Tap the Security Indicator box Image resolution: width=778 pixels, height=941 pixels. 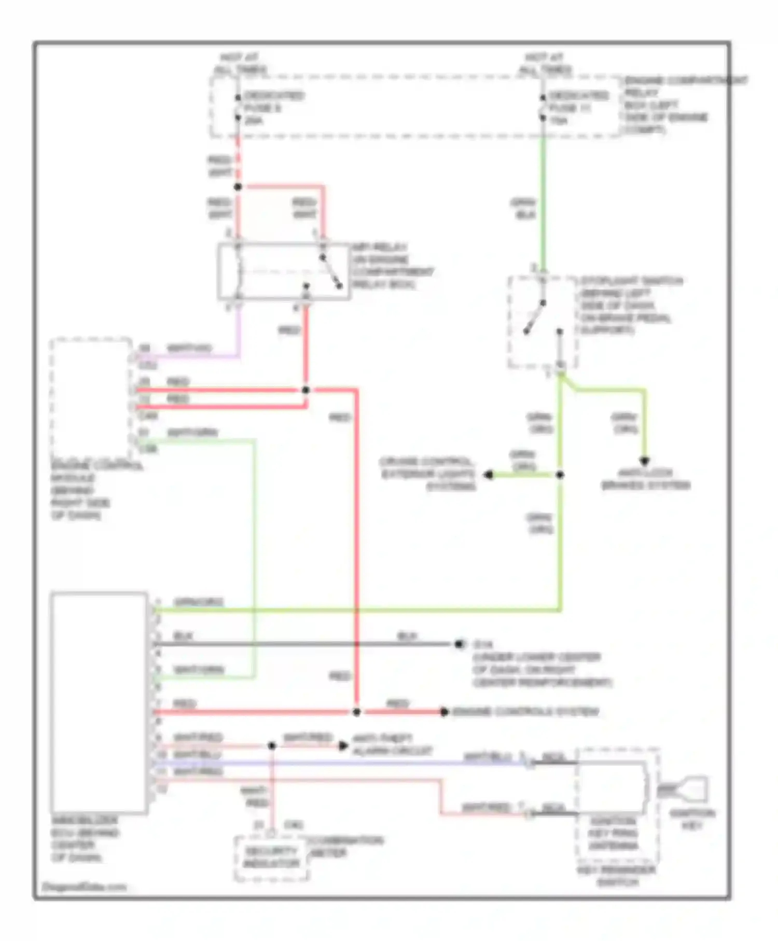pyautogui.click(x=271, y=857)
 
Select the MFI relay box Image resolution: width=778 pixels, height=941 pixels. pyautogui.click(x=283, y=271)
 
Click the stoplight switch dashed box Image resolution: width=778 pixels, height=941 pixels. pyautogui.click(x=543, y=322)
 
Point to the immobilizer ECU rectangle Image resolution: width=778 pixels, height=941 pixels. pyautogui.click(x=99, y=702)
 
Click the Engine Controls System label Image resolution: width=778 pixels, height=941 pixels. pyautogui.click(x=525, y=712)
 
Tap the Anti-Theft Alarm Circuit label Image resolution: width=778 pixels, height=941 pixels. pyautogui.click(x=392, y=744)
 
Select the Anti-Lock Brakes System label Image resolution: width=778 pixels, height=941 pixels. pyautogui.click(x=645, y=479)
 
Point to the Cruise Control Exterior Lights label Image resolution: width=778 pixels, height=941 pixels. pyautogui.click(x=428, y=474)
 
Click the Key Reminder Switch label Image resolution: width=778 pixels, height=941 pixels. pyautogui.click(x=617, y=876)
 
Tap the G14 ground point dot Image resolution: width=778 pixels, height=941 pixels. pyautogui.click(x=459, y=644)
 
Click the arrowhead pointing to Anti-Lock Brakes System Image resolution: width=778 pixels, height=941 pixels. pyautogui.click(x=645, y=461)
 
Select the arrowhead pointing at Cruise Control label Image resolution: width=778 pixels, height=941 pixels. pyautogui.click(x=488, y=475)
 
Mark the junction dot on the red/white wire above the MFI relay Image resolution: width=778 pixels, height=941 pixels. pyautogui.click(x=238, y=187)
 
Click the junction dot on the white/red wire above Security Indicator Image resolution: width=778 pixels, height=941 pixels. pyautogui.click(x=272, y=746)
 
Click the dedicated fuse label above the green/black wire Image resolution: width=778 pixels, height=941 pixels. pyautogui.click(x=578, y=108)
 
